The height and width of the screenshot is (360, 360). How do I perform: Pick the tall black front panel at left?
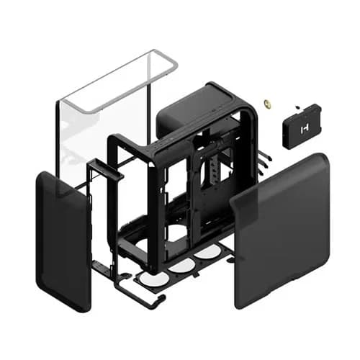coord(63,241)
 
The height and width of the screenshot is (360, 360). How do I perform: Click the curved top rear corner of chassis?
coord(245,97)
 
